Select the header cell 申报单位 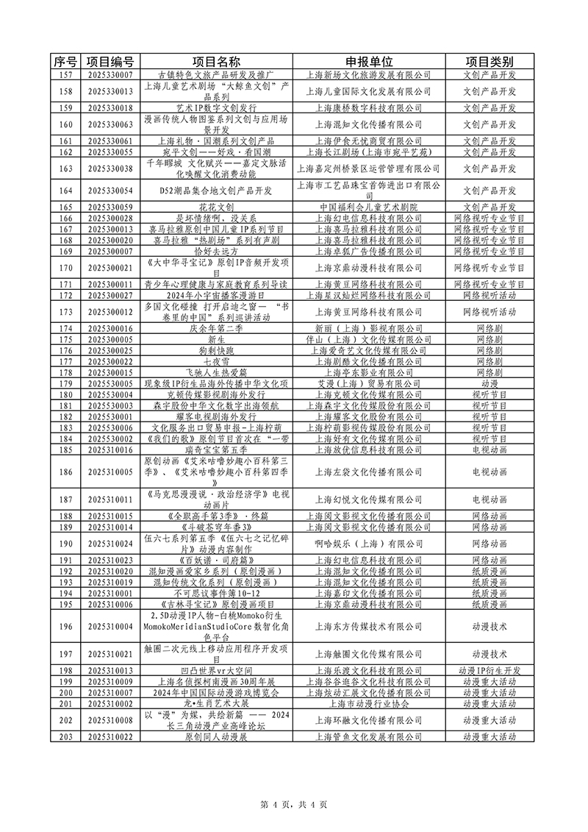(x=368, y=61)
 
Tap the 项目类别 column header (x=490, y=61)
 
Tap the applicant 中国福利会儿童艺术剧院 (x=368, y=207)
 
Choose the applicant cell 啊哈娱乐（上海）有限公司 (x=368, y=544)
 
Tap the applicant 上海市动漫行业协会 (x=368, y=703)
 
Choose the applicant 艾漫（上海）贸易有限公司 (x=368, y=383)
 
